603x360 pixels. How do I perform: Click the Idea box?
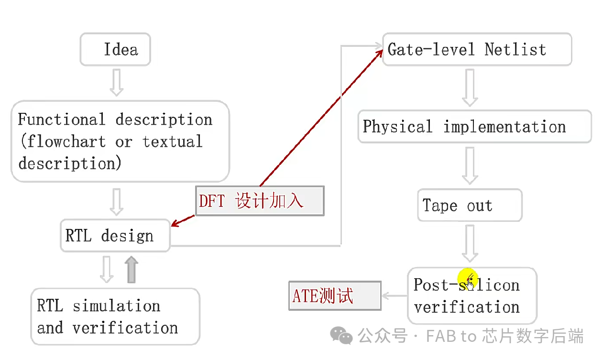tap(115, 49)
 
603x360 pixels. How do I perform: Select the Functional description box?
tap(120, 141)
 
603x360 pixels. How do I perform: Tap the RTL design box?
tap(115, 236)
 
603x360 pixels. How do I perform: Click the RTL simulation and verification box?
tap(115, 316)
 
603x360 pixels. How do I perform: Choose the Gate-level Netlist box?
tap(477, 49)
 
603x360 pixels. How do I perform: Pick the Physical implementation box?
tap(474, 127)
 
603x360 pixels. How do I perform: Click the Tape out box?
tap(470, 206)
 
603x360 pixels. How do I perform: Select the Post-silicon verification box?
tap(472, 296)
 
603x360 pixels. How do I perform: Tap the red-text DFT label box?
tap(260, 201)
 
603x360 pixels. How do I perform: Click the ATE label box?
tap(334, 296)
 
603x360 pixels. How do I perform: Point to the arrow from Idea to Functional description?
tap(116, 82)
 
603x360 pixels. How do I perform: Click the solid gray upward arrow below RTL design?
tap(132, 270)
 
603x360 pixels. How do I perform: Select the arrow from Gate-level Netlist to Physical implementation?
tap(470, 87)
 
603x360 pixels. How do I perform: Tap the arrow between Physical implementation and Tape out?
tap(470, 165)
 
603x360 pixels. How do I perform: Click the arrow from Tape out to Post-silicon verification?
tap(470, 244)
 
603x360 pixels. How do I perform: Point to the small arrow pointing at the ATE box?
tap(394, 296)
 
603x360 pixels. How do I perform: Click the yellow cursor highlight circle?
tap(468, 279)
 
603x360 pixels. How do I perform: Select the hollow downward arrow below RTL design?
tap(107, 270)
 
